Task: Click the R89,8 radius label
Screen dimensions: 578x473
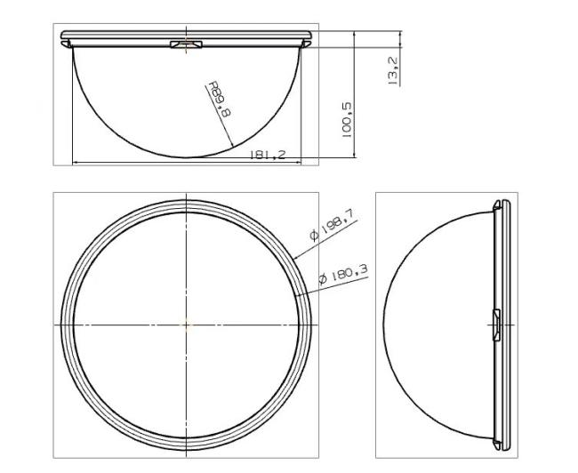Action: [220, 100]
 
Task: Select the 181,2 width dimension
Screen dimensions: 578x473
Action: [268, 155]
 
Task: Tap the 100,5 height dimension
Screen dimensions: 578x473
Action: [347, 120]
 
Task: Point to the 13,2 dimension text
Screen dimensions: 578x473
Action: [394, 71]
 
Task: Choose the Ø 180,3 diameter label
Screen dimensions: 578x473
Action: [343, 275]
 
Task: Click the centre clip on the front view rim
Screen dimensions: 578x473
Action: [186, 44]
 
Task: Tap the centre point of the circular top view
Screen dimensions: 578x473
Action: [186, 325]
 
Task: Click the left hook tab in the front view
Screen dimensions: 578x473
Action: [67, 44]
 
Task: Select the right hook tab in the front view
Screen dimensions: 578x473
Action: [306, 44]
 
